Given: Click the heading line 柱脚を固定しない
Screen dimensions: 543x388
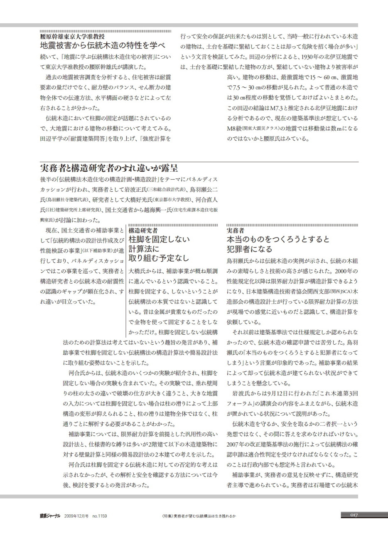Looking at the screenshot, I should coord(159,239).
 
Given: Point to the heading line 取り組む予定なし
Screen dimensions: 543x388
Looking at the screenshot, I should coord(159,258).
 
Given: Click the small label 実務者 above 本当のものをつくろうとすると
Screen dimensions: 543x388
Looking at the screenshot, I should coord(235,230).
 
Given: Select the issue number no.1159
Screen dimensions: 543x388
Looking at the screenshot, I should coord(100,516).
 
